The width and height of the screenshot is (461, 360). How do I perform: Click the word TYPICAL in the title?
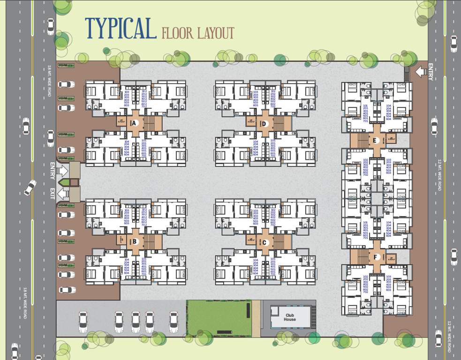pyautogui.click(x=121, y=29)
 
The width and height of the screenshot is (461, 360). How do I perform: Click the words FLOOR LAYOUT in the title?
pyautogui.click(x=197, y=33)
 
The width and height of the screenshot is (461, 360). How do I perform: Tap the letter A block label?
pyautogui.click(x=134, y=123)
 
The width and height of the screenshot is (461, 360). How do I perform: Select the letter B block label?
pyautogui.click(x=135, y=242)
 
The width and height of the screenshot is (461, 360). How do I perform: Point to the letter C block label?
pyautogui.click(x=265, y=242)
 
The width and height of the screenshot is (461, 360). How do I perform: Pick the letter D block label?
pyautogui.click(x=265, y=124)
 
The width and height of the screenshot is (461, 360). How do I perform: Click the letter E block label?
pyautogui.click(x=375, y=140)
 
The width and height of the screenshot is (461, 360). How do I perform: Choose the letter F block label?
pyautogui.click(x=375, y=257)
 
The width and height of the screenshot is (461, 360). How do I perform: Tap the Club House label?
pyautogui.click(x=290, y=317)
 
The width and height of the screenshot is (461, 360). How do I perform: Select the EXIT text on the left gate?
pyautogui.click(x=52, y=193)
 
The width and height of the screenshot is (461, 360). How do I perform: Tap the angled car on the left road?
pyautogui.click(x=30, y=187)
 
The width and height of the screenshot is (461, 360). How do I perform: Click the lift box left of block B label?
pyautogui.click(x=121, y=240)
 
